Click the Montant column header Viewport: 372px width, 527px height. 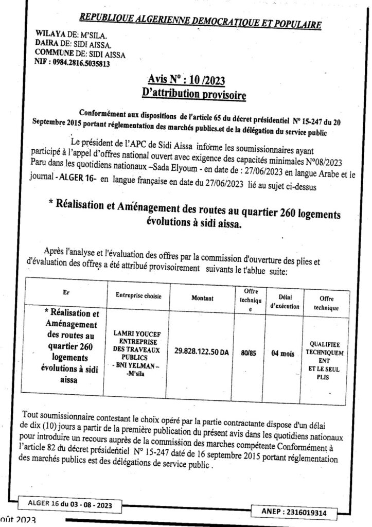(202, 297)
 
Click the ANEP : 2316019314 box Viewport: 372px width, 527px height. (291, 512)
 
